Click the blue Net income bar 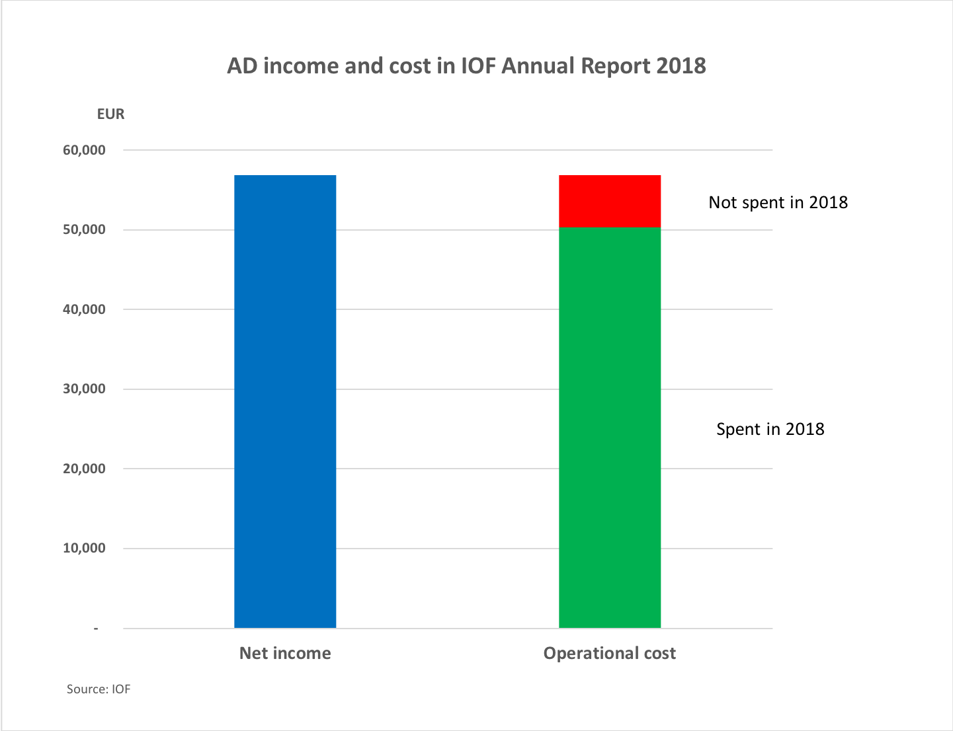coord(285,401)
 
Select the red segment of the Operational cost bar coord(610,201)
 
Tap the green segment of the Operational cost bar coord(610,427)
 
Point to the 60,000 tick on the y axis coord(84,150)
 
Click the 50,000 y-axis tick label coord(84,230)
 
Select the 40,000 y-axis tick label coord(84,309)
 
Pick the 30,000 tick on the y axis coord(84,389)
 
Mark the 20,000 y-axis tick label coord(84,469)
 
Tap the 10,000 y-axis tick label coord(84,549)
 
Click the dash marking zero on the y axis coord(96,629)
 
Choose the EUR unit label coord(110,114)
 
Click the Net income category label coord(285,653)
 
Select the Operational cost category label coord(609,653)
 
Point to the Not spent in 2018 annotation coord(778,202)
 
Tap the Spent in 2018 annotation coord(770,429)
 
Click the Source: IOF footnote coord(99,689)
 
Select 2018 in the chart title coord(681,66)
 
